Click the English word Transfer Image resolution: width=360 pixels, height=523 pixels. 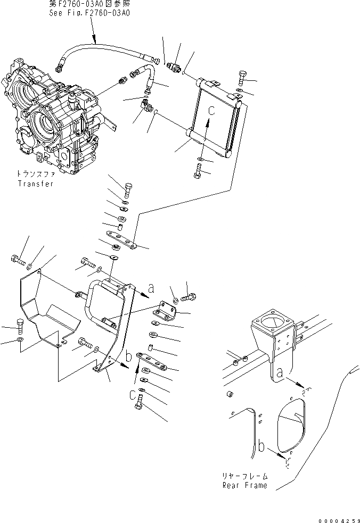(35, 184)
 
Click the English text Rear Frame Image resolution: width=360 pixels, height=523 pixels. (245, 485)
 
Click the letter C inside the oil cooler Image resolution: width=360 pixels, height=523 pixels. (212, 112)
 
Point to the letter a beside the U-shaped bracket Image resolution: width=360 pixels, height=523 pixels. (151, 288)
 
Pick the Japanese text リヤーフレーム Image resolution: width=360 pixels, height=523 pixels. (245, 476)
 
